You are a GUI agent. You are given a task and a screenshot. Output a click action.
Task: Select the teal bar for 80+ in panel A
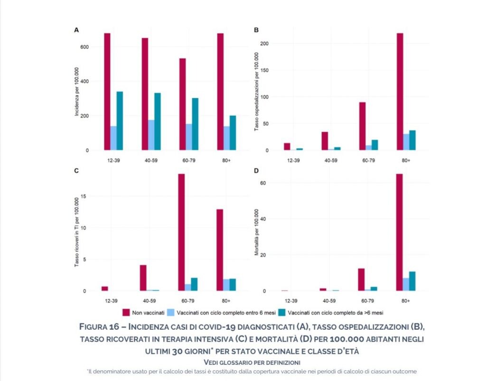(233, 133)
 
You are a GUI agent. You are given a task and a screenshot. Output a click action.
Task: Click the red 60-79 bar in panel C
(182, 232)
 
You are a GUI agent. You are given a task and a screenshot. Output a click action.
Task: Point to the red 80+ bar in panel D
(400, 232)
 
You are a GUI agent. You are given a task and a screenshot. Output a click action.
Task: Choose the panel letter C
(76, 171)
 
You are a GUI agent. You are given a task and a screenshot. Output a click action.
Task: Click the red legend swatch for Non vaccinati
(126, 312)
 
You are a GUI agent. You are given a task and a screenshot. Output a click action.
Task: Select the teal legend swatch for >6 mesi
(281, 312)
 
